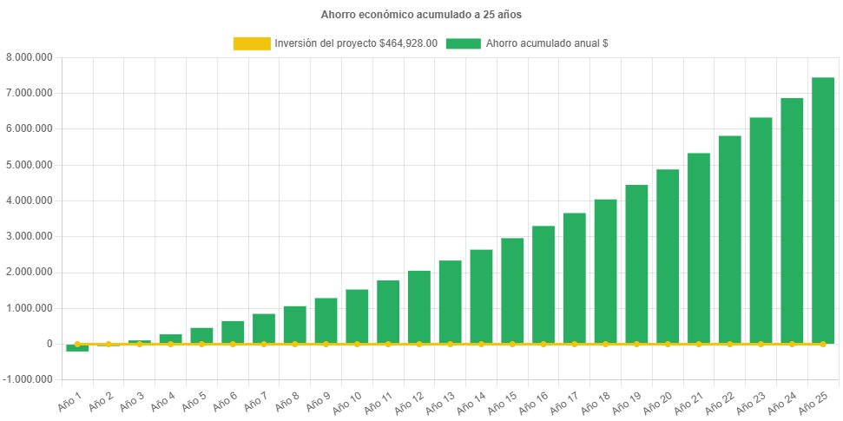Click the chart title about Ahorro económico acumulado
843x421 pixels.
[421, 15]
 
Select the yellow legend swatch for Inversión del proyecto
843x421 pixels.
[251, 43]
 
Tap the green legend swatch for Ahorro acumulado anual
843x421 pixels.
[463, 43]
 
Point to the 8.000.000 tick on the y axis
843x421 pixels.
[30, 57]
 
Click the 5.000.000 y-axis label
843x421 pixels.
[30, 165]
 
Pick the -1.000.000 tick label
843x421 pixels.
[28, 379]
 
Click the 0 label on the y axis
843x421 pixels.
[49, 344]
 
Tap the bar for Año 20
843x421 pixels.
[668, 256]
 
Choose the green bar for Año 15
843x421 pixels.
[512, 291]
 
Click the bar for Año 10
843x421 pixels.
[357, 316]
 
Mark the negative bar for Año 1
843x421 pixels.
[77, 348]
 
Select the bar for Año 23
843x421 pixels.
[761, 230]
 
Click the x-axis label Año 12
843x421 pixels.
[413, 401]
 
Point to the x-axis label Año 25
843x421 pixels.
[817, 401]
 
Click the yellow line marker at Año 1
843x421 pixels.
[77, 345]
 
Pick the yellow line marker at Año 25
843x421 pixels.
[822, 345]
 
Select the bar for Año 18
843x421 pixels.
[605, 271]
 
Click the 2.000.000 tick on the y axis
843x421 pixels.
[30, 272]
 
